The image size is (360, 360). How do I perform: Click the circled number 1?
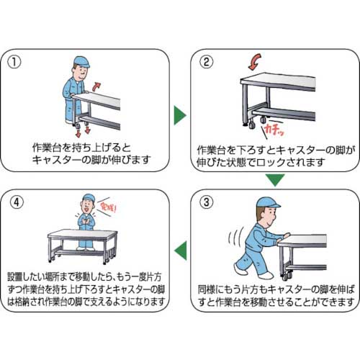pyautogui.click(x=14, y=62)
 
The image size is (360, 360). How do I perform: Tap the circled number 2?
pyautogui.click(x=207, y=62)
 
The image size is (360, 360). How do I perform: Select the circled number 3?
pyautogui.click(x=207, y=202)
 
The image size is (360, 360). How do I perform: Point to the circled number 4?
pyautogui.click(x=17, y=202)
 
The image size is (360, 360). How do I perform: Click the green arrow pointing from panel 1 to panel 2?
pyautogui.click(x=180, y=115)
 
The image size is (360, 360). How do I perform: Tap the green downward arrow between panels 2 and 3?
pyautogui.click(x=275, y=180)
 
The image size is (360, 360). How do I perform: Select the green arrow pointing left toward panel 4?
pyautogui.click(x=181, y=251)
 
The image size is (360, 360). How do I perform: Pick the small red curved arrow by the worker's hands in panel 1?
pyautogui.click(x=96, y=86)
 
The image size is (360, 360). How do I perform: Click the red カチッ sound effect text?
pyautogui.click(x=274, y=130)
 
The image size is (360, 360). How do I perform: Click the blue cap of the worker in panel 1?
pyautogui.click(x=81, y=62)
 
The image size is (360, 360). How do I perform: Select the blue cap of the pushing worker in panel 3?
pyautogui.click(x=268, y=203)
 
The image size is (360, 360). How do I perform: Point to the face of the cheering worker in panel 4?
pyautogui.click(x=87, y=204)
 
